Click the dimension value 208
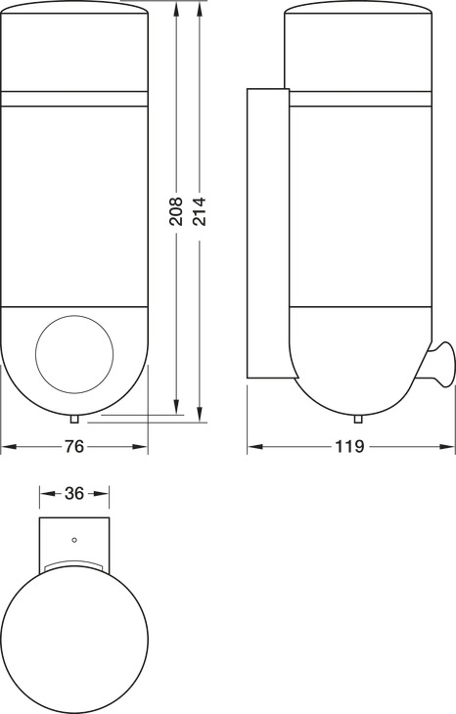176,211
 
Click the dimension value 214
199,211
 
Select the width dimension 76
74,447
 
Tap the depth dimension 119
350,447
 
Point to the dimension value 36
74,493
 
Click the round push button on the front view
74,354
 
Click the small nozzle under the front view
74,420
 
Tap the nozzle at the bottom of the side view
358,420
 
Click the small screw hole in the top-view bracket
74,540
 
